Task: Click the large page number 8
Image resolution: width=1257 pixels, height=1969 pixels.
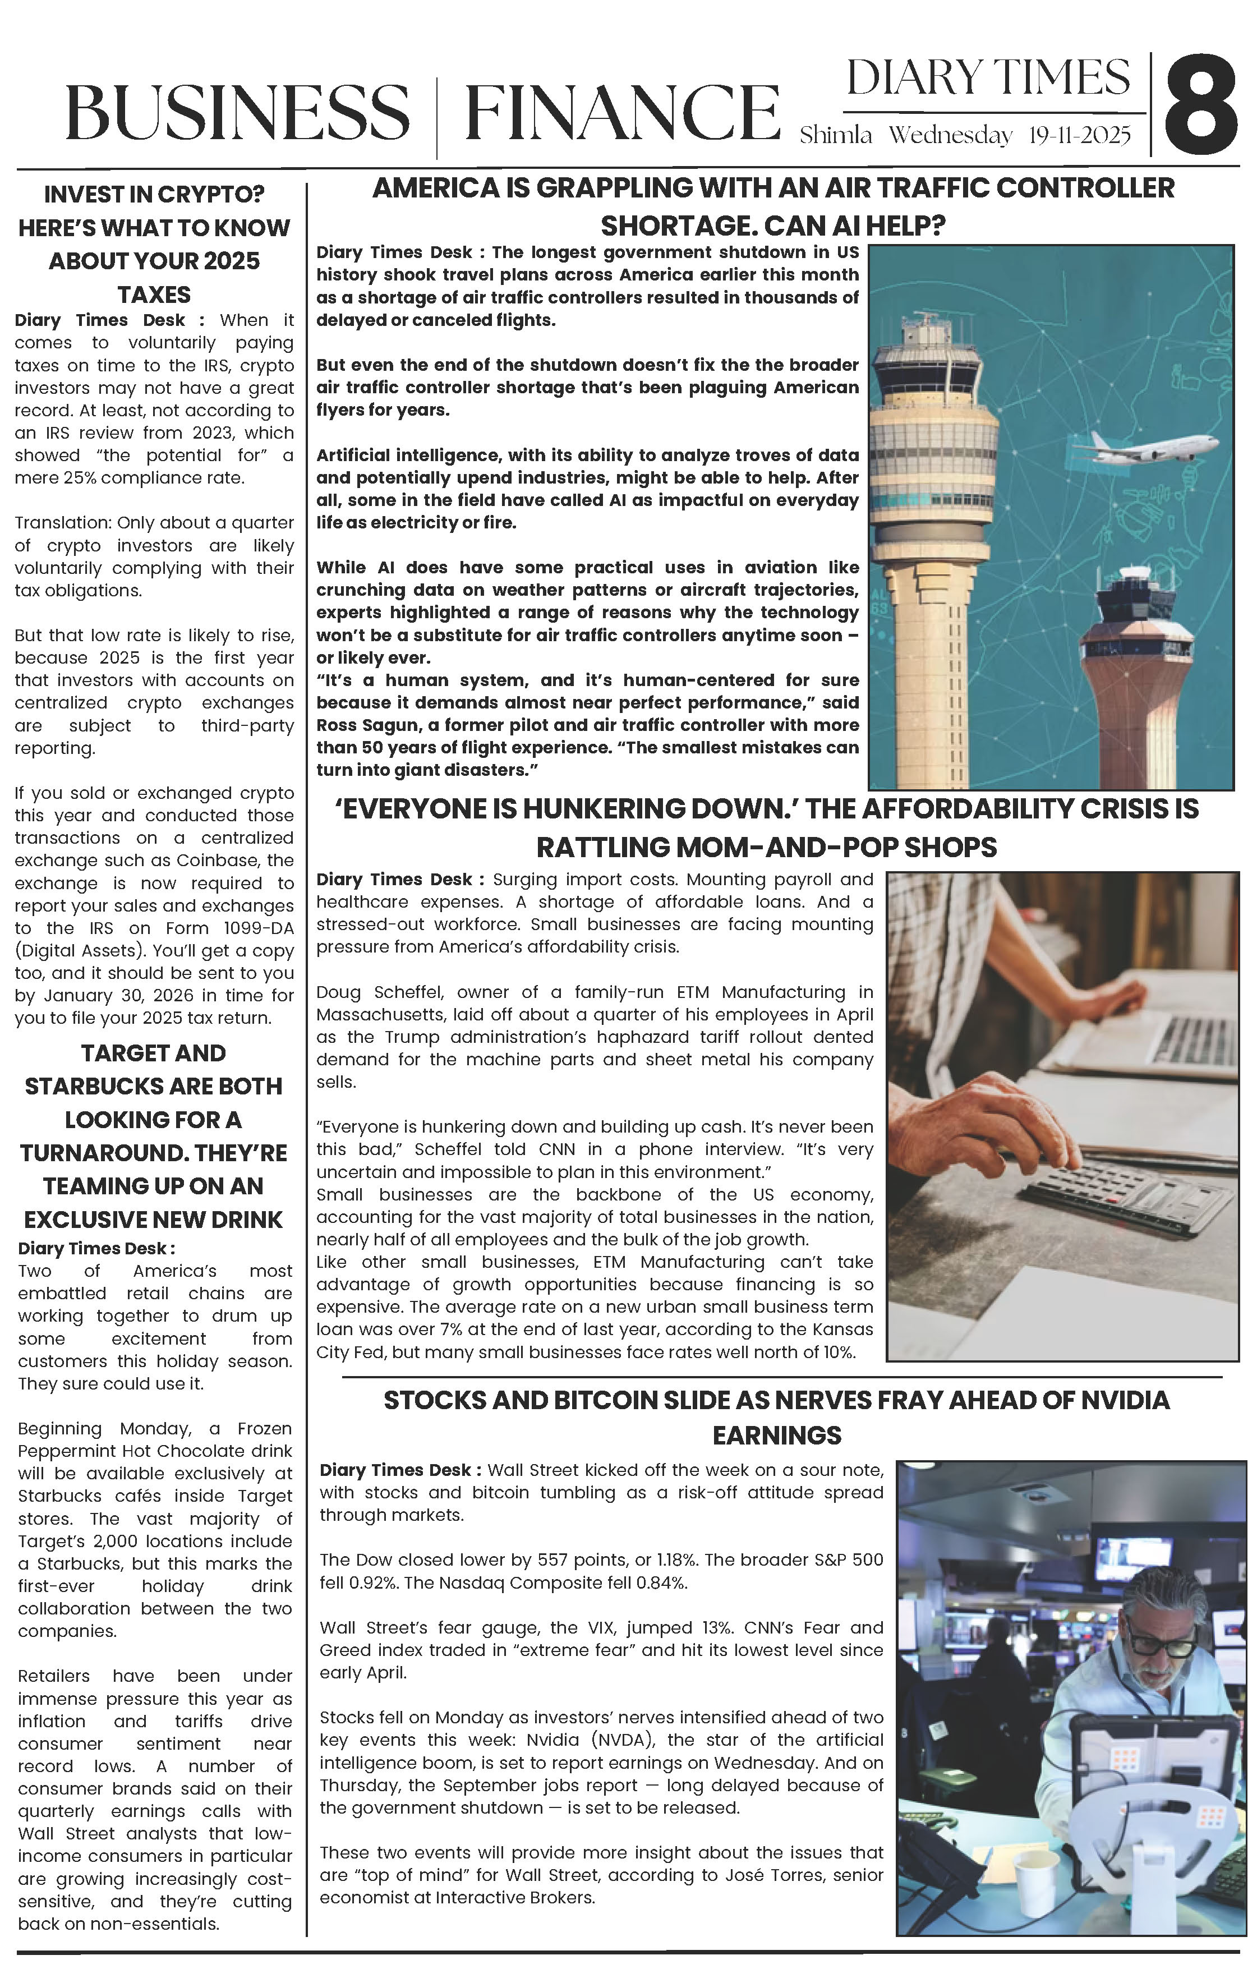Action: (1200, 105)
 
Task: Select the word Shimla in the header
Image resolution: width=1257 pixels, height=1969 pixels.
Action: (836, 136)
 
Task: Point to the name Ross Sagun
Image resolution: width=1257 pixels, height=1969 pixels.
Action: (360, 725)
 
